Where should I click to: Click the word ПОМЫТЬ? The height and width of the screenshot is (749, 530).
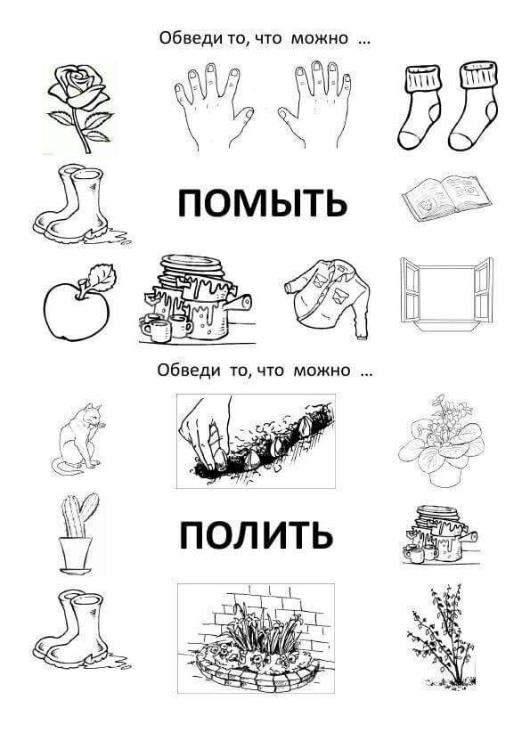[262, 203]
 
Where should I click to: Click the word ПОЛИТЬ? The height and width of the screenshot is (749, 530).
[257, 534]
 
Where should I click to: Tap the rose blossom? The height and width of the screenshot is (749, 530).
[77, 86]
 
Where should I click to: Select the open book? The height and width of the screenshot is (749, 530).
[446, 196]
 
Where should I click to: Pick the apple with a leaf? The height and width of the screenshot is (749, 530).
[79, 303]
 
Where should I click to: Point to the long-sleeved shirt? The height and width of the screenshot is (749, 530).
[328, 297]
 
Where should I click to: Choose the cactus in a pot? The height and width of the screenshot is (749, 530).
[77, 533]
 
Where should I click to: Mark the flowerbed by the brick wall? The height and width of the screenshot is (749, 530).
[256, 639]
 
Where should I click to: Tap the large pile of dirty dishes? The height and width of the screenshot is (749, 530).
[196, 299]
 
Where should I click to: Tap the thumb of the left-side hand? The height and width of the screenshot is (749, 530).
[246, 115]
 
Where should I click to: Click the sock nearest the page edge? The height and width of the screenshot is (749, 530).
[473, 106]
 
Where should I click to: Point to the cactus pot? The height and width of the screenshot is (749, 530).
[76, 556]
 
